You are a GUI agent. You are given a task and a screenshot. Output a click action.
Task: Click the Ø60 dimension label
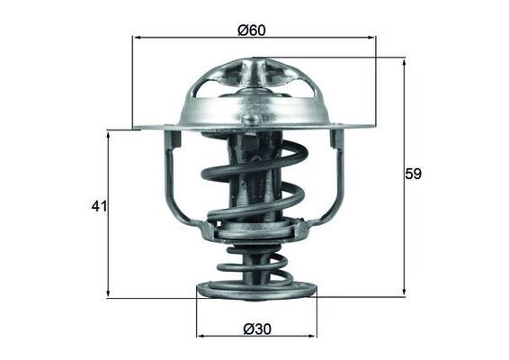[253, 29]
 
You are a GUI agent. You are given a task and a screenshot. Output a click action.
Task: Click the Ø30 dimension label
[256, 329]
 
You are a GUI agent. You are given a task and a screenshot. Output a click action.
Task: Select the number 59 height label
[413, 174]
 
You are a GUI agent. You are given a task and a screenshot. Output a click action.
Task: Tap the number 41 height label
[99, 206]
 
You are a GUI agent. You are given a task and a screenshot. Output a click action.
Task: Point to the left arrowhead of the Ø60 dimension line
[137, 38]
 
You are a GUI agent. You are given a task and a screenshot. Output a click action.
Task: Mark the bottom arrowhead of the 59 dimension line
[404, 292]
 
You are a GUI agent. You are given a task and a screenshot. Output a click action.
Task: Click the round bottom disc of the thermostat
[256, 292]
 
